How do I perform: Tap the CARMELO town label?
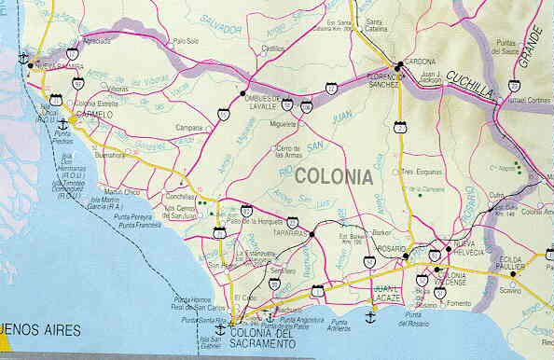(93, 115)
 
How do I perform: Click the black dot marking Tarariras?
(312, 230)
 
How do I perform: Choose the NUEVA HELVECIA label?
(470, 248)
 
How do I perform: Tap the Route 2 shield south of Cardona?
(400, 130)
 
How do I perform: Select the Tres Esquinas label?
(421, 172)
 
